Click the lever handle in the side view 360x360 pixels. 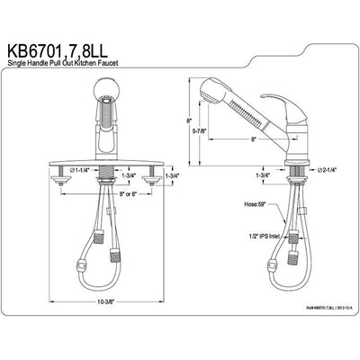point(305,108)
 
